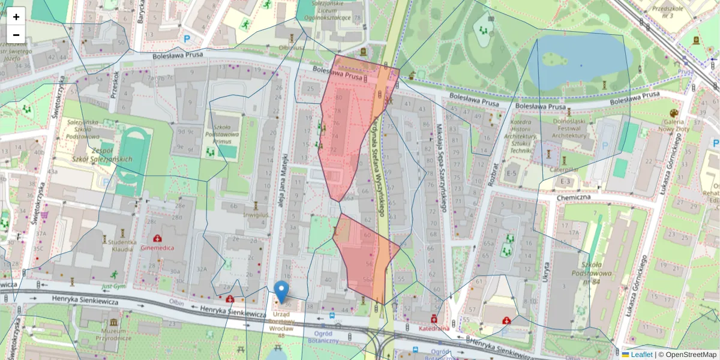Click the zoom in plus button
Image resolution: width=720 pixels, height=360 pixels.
tap(16, 17)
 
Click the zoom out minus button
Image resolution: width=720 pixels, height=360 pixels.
tap(16, 35)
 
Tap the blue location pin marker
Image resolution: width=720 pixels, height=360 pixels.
tap(281, 292)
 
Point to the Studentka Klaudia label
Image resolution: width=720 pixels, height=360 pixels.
tap(122, 245)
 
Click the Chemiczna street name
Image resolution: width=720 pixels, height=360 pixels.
tap(574, 197)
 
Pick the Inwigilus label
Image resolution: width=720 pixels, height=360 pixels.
tap(256, 214)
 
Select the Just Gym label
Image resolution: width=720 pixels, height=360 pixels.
tap(113, 287)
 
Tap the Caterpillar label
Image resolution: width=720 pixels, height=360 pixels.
tap(563, 170)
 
